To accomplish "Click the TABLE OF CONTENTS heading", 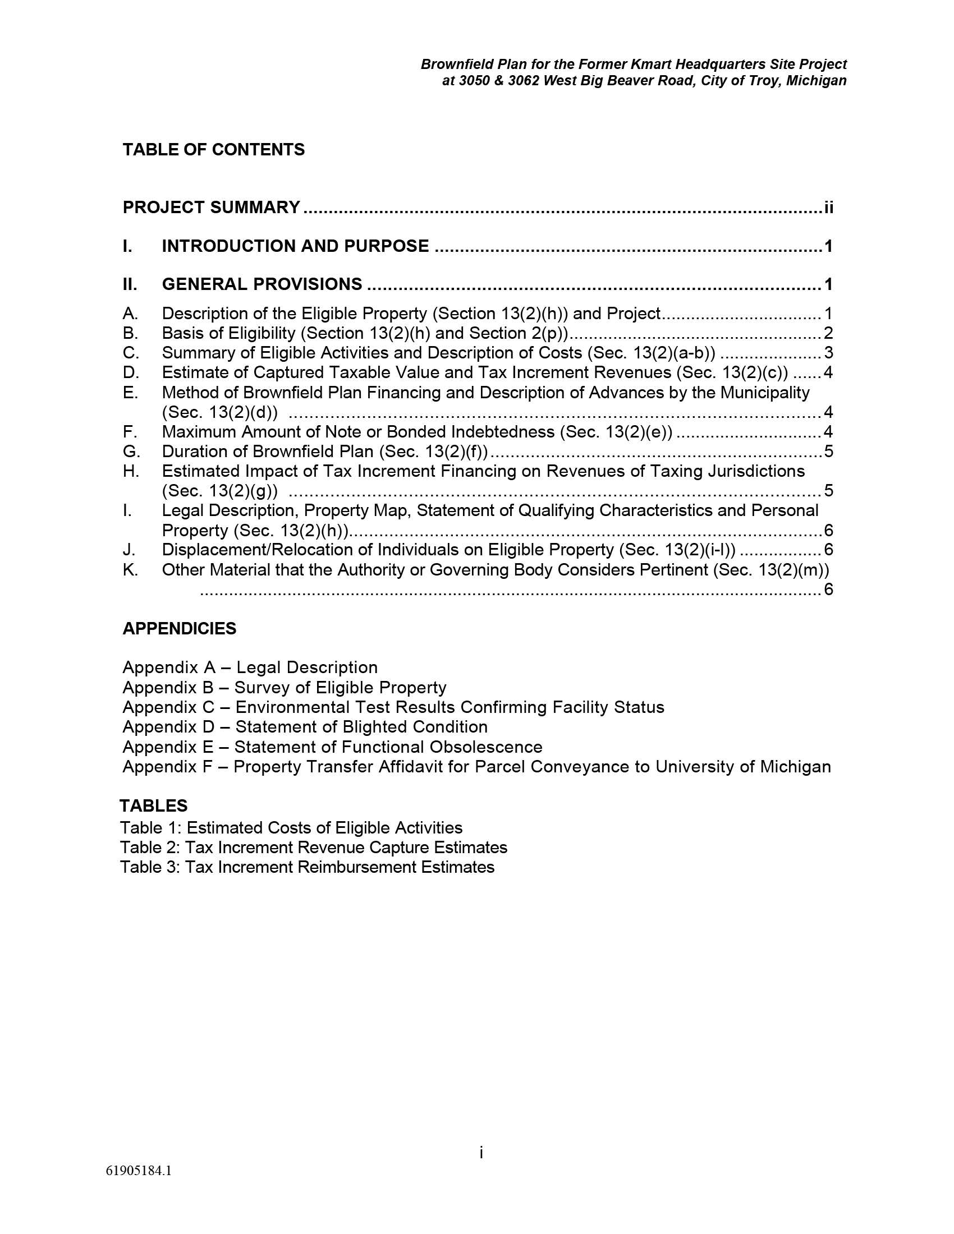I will [x=213, y=150].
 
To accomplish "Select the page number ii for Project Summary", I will [x=828, y=208].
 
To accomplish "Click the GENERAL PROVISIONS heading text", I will [x=262, y=284].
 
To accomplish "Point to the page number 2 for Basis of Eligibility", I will [x=828, y=333].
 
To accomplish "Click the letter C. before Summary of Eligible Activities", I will [x=130, y=353].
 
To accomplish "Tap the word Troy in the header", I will [x=763, y=81].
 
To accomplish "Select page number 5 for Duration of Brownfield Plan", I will [x=828, y=452].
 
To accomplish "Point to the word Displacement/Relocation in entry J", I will [x=267, y=550].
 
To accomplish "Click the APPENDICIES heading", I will [x=179, y=629].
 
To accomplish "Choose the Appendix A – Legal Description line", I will [x=250, y=668].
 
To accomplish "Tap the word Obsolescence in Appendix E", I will [x=485, y=747].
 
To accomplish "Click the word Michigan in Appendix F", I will [x=795, y=767].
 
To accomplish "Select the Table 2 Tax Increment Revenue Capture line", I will [x=313, y=848].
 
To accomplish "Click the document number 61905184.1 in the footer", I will [x=139, y=1171].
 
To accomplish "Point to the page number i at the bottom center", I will [x=481, y=1153].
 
